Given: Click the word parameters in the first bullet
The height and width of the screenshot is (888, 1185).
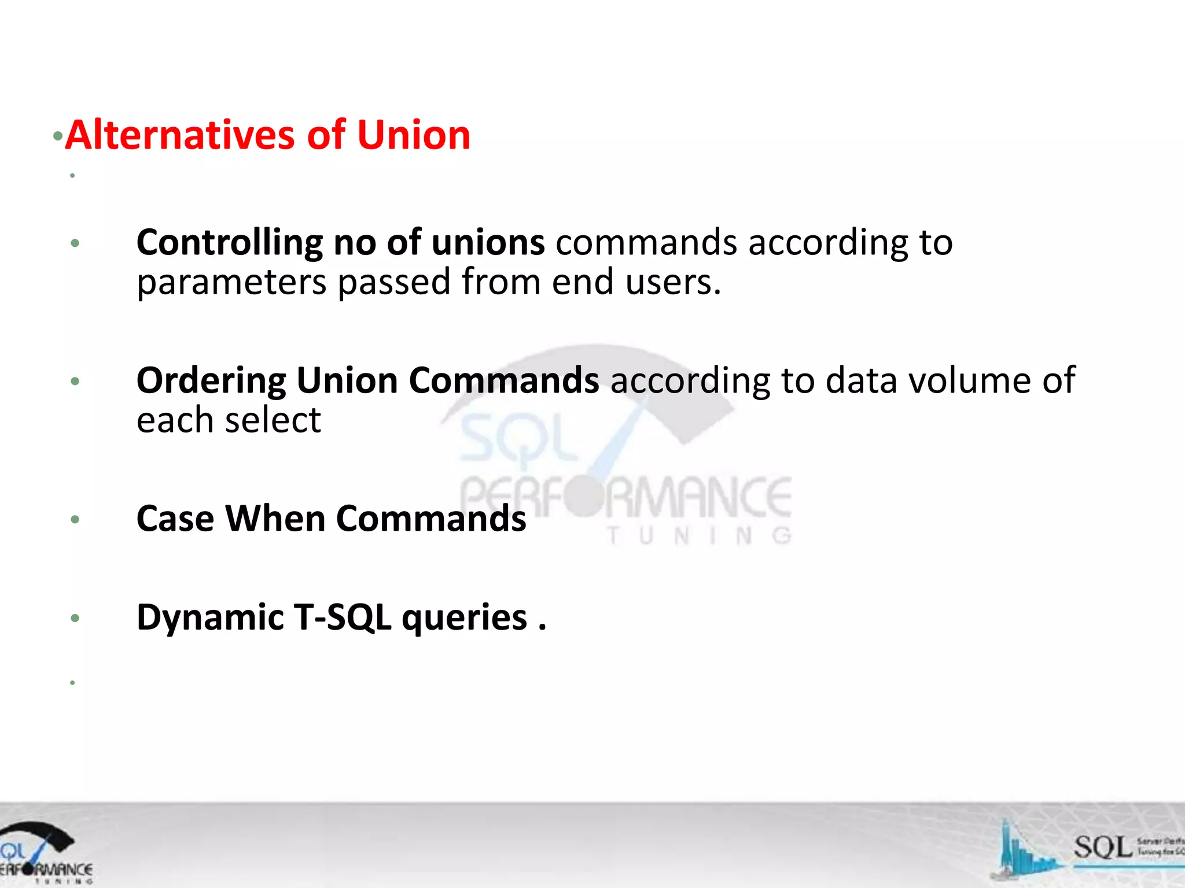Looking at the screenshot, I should (x=231, y=282).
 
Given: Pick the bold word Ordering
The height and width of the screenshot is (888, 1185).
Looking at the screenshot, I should (x=211, y=380).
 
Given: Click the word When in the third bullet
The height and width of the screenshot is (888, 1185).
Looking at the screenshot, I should (x=275, y=518).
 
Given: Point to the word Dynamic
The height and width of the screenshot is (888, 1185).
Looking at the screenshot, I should (x=210, y=617).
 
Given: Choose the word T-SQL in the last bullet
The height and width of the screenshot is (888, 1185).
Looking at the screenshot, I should (x=342, y=617).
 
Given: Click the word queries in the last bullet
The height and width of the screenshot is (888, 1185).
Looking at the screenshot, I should (x=465, y=617).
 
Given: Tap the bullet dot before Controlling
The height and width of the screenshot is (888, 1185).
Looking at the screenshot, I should (x=75, y=243).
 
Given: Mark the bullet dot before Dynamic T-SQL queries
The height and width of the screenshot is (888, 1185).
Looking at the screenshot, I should (x=75, y=619).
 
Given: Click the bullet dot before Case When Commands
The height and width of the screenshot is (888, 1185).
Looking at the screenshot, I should (x=75, y=519).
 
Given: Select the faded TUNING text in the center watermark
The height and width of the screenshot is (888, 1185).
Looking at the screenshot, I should (x=699, y=536).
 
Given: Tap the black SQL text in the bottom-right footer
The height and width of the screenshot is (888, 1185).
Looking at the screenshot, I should (x=1102, y=848).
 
